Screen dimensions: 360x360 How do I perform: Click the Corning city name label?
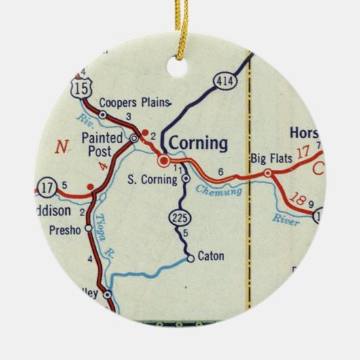click(198, 143)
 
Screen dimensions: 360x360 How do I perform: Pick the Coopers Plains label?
click(133, 103)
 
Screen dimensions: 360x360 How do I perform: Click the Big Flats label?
click(271, 159)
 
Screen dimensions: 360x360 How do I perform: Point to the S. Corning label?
click(152, 179)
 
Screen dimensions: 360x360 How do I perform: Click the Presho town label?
click(66, 229)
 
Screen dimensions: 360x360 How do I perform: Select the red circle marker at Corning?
click(164, 161)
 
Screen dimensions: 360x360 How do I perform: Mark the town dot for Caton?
click(191, 257)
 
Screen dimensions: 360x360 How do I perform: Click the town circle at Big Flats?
click(268, 173)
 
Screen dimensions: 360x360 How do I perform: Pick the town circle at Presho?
click(88, 229)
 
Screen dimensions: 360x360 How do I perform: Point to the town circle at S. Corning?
click(185, 179)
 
